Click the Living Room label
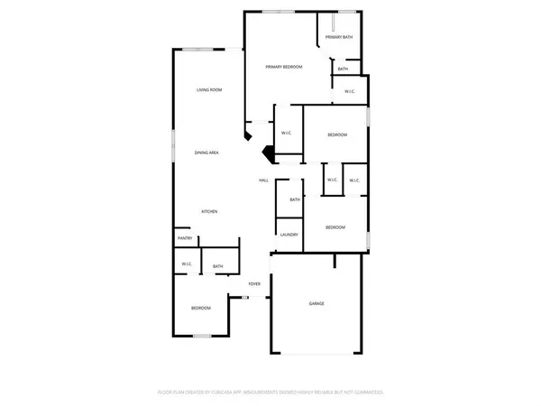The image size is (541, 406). tap(210, 90)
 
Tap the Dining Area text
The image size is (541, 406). tap(207, 153)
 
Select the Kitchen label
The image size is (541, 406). tap(209, 211)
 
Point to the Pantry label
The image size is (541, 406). tap(185, 238)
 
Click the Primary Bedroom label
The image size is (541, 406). tap(283, 68)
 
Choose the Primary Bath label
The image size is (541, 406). tap(339, 37)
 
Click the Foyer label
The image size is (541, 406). tap(255, 284)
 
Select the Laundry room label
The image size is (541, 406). tap(289, 235)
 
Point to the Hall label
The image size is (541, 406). tap(264, 180)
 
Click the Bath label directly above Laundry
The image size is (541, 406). tap(295, 200)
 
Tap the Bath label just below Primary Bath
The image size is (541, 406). tap(343, 69)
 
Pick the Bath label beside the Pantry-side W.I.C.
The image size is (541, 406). tap(218, 266)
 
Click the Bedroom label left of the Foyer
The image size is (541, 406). tap(200, 309)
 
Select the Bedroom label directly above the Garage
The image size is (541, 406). tap(335, 227)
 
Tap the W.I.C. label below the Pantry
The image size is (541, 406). tap(187, 264)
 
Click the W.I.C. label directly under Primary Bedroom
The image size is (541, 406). tap(286, 134)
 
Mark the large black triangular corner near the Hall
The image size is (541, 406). tap(268, 153)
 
